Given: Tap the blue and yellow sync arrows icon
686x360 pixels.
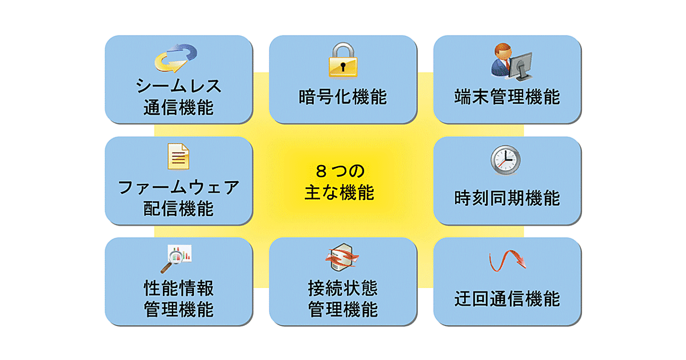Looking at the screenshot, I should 178,59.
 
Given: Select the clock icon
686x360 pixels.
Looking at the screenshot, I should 506,160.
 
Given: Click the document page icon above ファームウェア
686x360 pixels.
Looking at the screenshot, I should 178,157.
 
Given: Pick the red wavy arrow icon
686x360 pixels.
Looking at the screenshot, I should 507,262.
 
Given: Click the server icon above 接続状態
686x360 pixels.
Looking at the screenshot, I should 342,259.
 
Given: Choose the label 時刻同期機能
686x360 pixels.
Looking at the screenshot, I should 507,198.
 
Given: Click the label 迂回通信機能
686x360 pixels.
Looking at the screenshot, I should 507,299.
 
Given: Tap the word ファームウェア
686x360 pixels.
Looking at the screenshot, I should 178,188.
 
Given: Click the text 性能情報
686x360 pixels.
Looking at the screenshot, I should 178,288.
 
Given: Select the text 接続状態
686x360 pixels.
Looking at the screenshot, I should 342,288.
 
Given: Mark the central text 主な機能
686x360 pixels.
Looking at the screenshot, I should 339,193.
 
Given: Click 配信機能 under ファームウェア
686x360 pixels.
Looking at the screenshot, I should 178,209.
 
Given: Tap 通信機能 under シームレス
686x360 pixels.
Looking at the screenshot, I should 178,107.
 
